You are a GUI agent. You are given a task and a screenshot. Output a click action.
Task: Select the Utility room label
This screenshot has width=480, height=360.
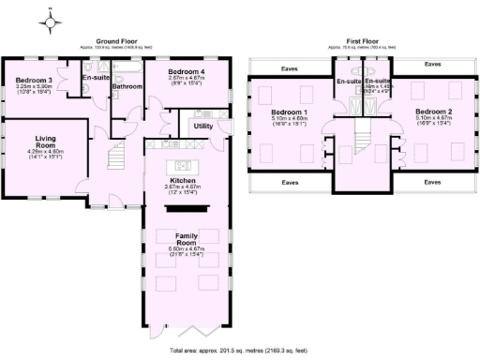[203, 125]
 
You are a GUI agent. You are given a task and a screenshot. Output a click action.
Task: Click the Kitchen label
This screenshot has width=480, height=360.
[182, 180]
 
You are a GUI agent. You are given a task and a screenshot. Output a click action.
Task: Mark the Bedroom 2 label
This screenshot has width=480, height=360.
[435, 112]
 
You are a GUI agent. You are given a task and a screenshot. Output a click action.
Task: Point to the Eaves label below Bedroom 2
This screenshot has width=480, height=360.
[432, 180]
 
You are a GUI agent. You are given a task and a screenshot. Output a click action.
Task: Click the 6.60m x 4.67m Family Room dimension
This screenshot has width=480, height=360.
[182, 249]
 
